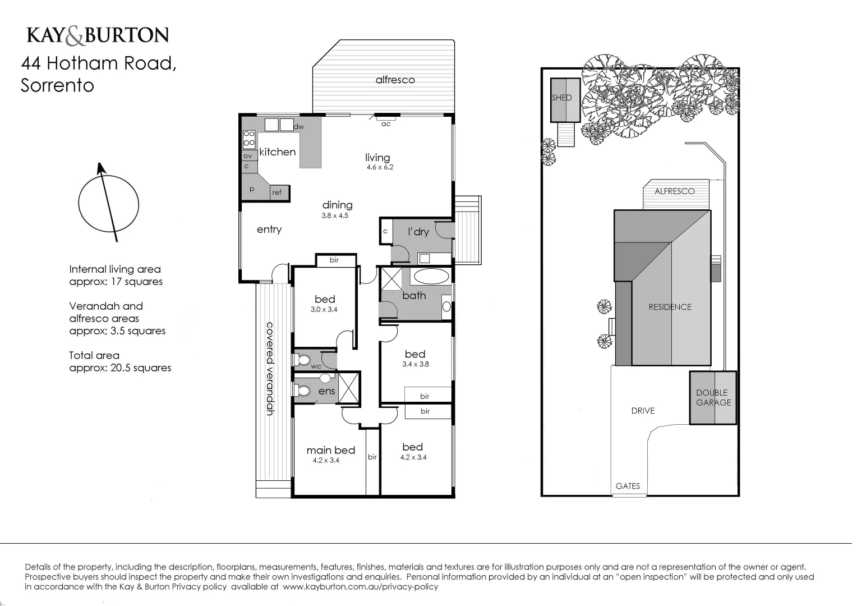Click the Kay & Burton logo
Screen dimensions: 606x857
click(98, 35)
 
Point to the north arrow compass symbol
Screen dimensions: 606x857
click(108, 204)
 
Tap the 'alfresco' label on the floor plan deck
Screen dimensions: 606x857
click(395, 80)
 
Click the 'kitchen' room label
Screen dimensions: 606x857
click(277, 151)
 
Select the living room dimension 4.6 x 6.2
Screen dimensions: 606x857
click(380, 167)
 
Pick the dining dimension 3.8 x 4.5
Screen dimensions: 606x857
click(335, 215)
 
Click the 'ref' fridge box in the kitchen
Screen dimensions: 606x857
click(277, 192)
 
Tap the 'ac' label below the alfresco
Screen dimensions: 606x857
click(386, 124)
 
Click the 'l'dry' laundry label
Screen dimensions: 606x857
click(418, 232)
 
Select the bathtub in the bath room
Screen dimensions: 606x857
click(431, 276)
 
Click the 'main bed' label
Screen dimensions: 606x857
click(330, 450)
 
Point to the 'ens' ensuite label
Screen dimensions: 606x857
click(326, 391)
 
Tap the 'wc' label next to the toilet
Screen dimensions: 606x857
click(316, 366)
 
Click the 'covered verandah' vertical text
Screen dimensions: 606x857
click(270, 368)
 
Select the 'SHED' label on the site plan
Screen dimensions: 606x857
click(561, 98)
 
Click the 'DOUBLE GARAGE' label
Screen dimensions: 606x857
click(713, 397)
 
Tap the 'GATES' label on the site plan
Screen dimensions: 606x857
click(628, 486)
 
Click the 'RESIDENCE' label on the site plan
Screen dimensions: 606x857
click(670, 307)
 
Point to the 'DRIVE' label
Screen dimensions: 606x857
click(643, 411)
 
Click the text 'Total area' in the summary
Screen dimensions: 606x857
click(94, 355)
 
